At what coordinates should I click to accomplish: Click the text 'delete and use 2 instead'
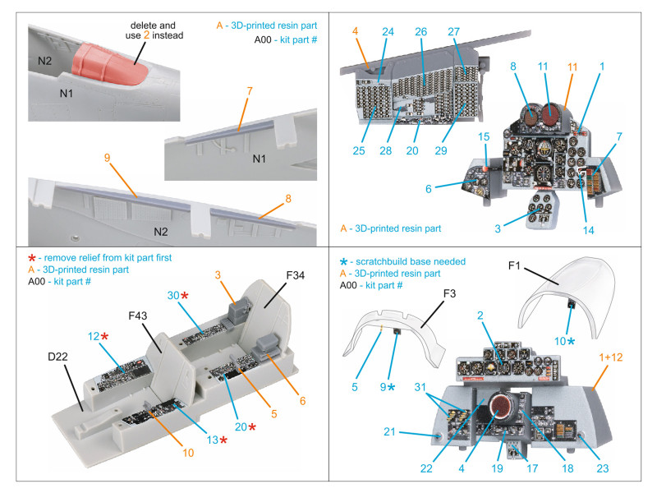coord(155,30)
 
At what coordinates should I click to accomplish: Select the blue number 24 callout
coord(388,32)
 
